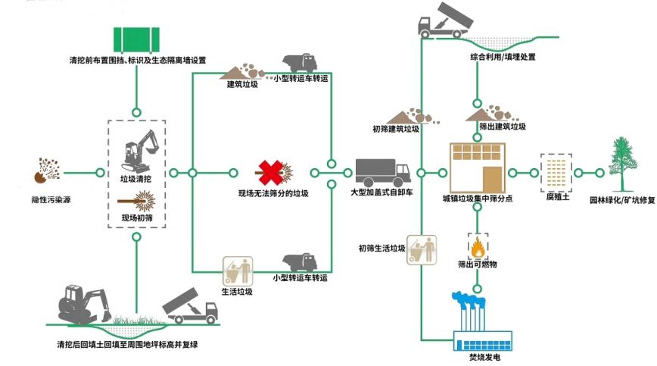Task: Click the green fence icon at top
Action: (x=136, y=39)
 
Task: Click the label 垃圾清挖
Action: (x=136, y=179)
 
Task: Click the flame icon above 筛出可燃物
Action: (x=478, y=247)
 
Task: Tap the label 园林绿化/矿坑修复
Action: (x=621, y=202)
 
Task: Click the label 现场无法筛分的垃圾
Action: (x=273, y=194)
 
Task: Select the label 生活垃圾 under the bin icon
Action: (x=237, y=291)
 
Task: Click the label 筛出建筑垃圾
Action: (x=503, y=127)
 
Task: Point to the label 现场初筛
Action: (x=136, y=218)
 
